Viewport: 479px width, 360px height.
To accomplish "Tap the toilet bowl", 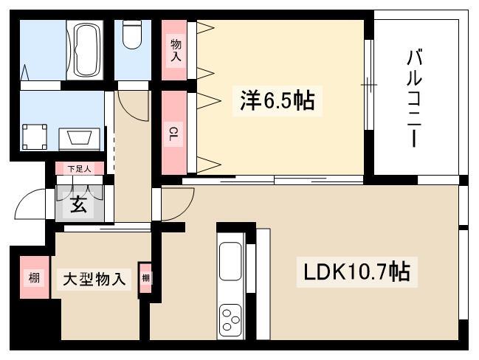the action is [132, 35].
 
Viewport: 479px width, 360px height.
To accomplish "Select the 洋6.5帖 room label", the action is [278, 101].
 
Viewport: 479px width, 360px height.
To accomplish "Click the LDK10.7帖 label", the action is [356, 272].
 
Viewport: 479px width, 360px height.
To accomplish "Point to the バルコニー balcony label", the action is [415, 99].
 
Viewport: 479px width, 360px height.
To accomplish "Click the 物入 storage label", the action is [176, 50].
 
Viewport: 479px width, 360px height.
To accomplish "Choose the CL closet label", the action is [173, 134].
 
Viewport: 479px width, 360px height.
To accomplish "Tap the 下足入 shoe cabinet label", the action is [80, 169].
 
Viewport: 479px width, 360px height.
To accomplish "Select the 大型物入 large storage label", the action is [94, 280].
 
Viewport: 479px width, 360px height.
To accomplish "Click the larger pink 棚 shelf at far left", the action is [34, 277].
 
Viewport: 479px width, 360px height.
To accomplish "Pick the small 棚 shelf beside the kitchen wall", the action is [145, 278].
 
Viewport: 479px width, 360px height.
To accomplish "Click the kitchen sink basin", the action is [230, 261].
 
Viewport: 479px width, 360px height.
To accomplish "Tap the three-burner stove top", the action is [231, 319].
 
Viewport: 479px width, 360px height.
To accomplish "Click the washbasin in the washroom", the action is [80, 138].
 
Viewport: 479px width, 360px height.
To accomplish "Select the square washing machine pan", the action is [35, 136].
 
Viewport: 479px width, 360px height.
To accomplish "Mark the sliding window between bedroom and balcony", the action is [369, 85].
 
